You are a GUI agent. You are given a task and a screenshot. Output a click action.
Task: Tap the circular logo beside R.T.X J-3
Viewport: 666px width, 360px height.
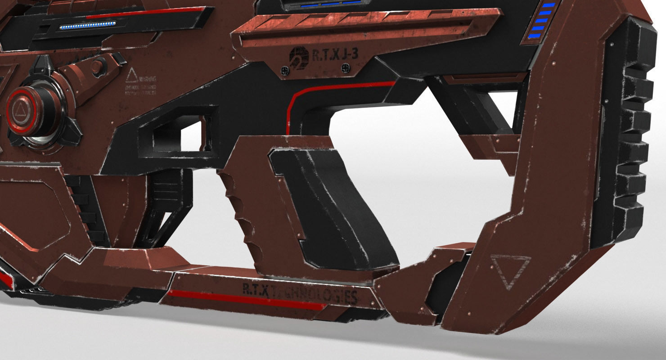coord(299,56)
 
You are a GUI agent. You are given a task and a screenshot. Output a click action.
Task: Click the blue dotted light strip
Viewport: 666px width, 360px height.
coord(88,26)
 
